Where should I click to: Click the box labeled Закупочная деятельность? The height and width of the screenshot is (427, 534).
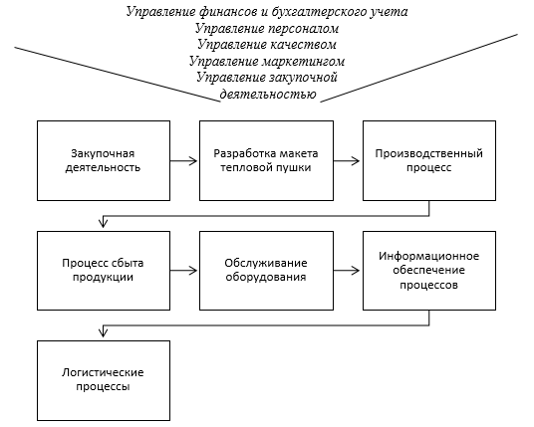point(104,160)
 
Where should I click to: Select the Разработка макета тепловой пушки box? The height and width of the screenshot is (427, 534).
point(266,160)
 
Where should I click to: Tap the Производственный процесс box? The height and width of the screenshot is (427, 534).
point(429,160)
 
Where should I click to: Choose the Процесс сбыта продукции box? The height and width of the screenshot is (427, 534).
point(104,271)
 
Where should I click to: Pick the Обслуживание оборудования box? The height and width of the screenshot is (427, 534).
point(266,271)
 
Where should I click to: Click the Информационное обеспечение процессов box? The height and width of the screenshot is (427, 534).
point(429,271)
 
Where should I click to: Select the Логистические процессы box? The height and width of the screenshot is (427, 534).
point(104,381)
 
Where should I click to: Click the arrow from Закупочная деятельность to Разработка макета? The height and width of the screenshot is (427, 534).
point(184,161)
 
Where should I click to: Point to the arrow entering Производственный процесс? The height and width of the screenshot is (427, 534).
point(347,161)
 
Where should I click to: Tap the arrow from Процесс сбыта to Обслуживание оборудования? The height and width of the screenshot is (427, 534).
point(184,271)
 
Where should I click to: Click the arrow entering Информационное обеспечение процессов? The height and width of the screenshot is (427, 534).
point(347,271)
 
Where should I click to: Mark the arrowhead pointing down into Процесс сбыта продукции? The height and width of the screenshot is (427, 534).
point(104,223)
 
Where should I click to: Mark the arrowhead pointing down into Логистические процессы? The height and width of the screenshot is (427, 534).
point(104,332)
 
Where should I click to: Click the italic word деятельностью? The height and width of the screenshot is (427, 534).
point(268,95)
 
